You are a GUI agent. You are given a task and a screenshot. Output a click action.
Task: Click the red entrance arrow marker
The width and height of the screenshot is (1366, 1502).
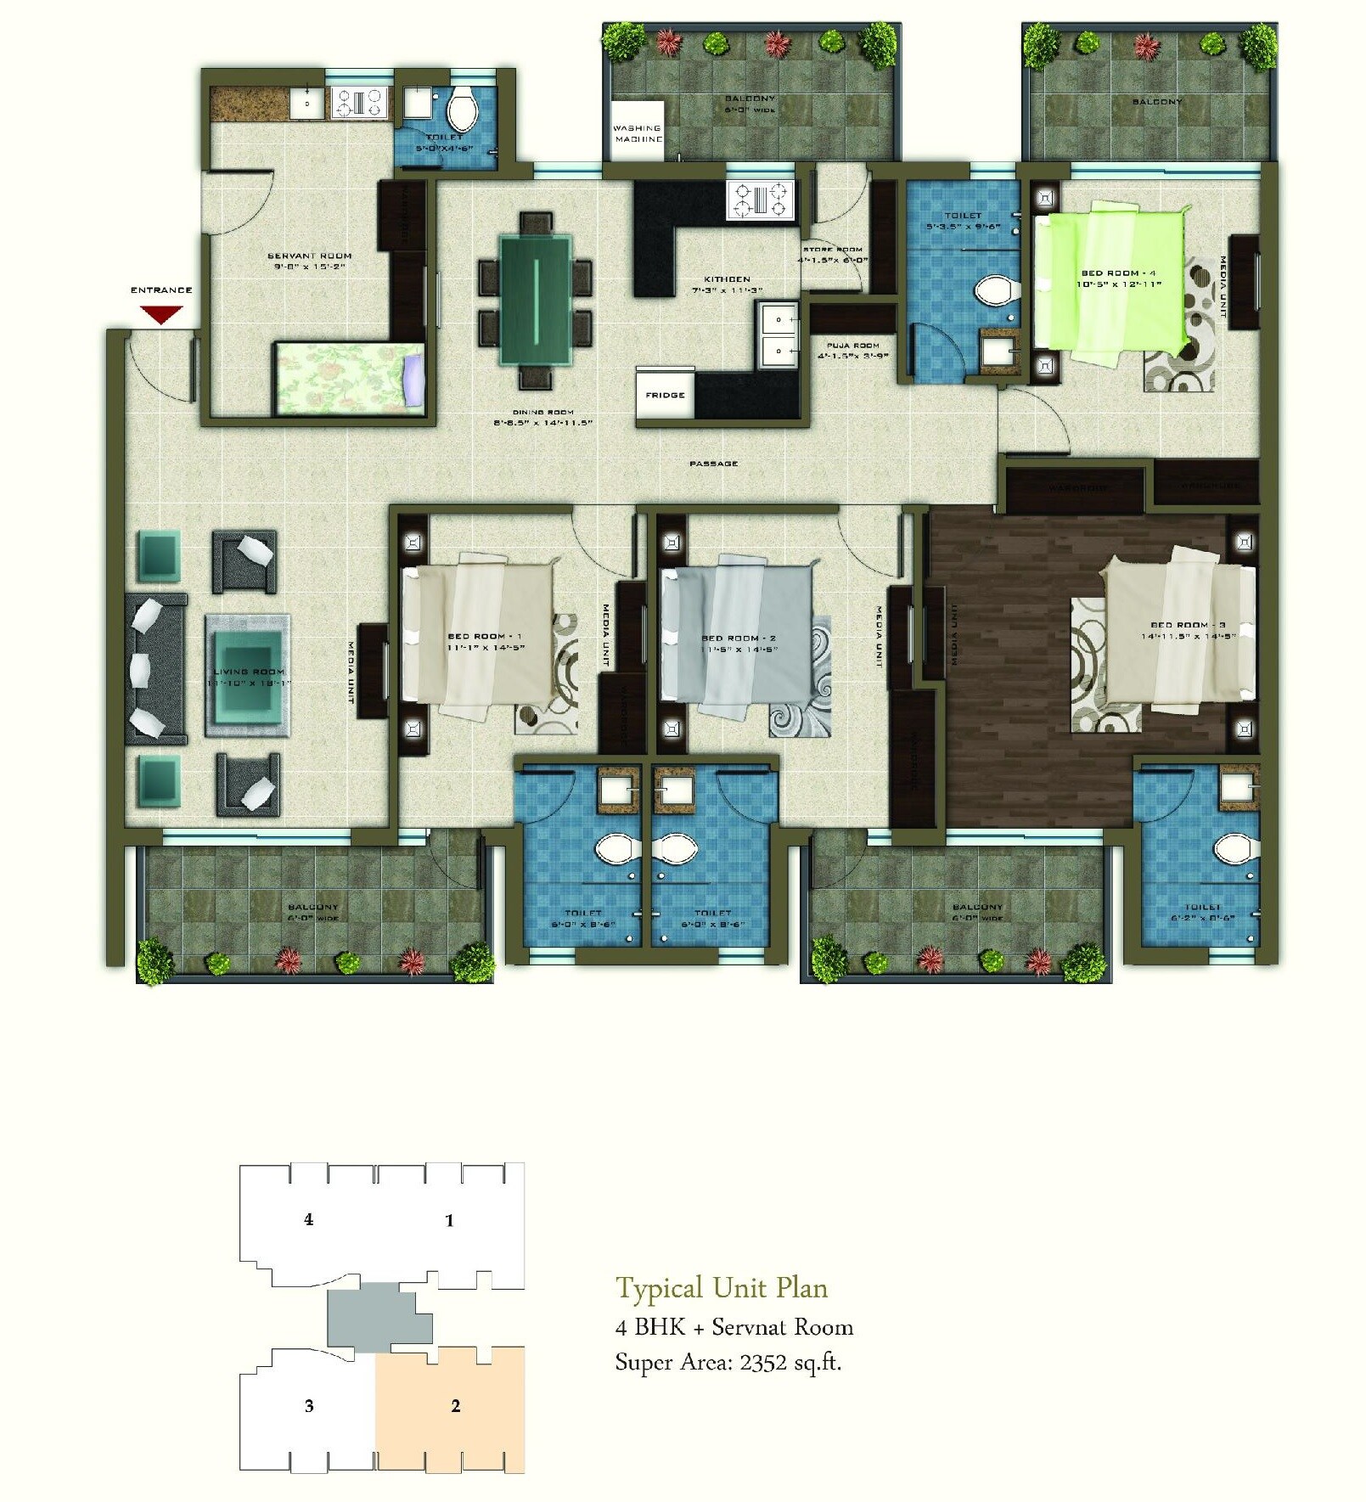(x=160, y=315)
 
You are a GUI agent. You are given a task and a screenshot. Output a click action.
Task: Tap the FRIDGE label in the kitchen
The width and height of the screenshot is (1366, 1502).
(x=665, y=395)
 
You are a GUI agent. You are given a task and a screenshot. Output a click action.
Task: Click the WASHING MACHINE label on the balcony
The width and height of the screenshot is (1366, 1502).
(x=638, y=133)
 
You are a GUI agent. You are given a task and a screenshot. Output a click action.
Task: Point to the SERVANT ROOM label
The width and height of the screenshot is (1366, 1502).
(x=309, y=256)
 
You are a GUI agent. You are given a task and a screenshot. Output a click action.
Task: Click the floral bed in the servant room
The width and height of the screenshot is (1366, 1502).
(x=348, y=378)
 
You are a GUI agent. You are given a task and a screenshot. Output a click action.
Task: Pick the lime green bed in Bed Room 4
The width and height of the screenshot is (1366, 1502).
(x=1110, y=280)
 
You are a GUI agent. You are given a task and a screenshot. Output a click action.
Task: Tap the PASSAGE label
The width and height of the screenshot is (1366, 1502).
(x=713, y=464)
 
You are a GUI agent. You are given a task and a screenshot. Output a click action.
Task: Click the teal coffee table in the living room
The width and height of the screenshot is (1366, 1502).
(x=247, y=676)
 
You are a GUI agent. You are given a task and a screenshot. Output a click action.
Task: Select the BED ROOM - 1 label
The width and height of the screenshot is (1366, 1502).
(x=485, y=636)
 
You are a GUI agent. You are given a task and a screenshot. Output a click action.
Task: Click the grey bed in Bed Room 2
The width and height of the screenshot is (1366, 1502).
(x=735, y=633)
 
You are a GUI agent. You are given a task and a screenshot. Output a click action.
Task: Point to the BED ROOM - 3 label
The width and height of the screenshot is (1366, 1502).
(x=1188, y=624)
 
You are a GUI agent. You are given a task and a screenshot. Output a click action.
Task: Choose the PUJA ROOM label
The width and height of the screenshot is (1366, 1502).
(x=852, y=346)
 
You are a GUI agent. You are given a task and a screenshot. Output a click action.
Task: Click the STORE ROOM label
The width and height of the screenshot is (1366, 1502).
(x=833, y=250)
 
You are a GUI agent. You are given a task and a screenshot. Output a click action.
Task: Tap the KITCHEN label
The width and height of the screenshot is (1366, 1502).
(x=727, y=278)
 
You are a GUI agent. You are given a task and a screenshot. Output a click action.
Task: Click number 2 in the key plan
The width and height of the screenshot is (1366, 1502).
(x=456, y=1406)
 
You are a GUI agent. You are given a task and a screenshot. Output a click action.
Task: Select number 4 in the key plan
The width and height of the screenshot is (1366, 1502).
(x=308, y=1219)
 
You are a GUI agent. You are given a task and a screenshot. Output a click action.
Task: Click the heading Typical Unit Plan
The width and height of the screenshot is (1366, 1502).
(x=721, y=1288)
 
